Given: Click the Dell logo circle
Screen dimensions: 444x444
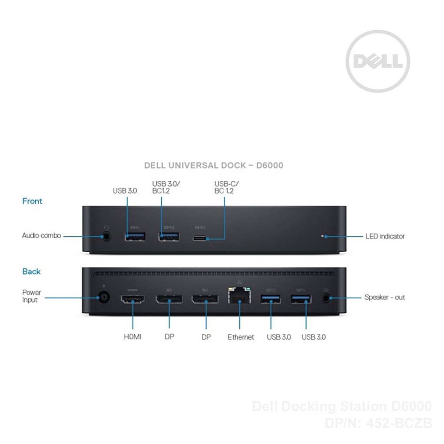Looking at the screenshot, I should [x=377, y=61].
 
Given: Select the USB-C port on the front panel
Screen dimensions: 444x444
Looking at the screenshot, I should [x=201, y=238].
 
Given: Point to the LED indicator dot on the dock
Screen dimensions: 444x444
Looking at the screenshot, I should [x=322, y=237].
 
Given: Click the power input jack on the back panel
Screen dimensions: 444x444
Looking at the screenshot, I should [x=103, y=298].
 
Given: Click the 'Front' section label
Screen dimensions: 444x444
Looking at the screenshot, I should [x=32, y=201].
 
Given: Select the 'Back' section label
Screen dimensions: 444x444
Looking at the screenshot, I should [x=31, y=272].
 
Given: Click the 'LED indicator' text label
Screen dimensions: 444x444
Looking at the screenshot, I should [x=385, y=237].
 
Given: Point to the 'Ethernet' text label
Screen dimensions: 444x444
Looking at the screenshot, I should [x=240, y=337].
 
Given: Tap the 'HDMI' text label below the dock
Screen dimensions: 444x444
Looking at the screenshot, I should [x=132, y=337].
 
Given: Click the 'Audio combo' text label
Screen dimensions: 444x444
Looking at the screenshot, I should [x=41, y=236].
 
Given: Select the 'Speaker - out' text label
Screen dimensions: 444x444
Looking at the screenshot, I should [x=384, y=297].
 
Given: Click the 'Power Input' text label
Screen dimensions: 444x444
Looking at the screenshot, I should [x=31, y=296].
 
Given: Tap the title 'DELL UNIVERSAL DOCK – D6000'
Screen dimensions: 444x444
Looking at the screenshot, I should [x=213, y=165].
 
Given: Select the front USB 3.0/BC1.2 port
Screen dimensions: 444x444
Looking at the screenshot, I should [x=168, y=237].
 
